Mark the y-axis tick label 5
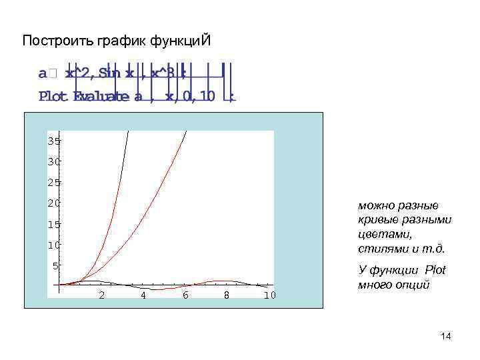57,266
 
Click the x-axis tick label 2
101,295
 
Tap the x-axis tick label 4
143,295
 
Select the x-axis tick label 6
185,295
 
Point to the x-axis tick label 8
227,295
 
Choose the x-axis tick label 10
269,295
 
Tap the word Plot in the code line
53,97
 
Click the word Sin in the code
109,73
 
